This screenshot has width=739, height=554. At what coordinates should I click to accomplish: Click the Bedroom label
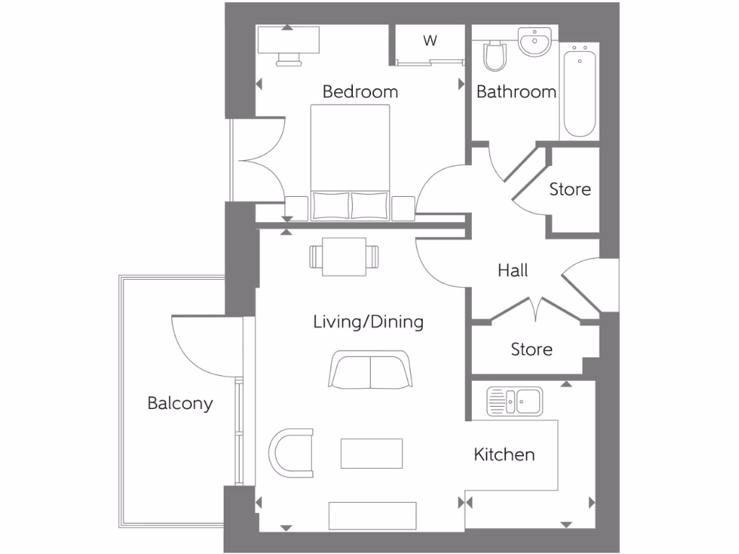click(x=360, y=92)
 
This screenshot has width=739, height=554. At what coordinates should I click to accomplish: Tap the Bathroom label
click(x=516, y=92)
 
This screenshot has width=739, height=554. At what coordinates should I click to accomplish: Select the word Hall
click(x=512, y=271)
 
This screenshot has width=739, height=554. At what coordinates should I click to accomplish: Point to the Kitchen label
click(x=504, y=454)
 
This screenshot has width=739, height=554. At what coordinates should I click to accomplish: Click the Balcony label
click(x=180, y=403)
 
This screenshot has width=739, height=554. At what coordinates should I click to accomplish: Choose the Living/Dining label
click(x=368, y=322)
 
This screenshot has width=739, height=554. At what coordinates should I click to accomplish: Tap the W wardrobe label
click(x=430, y=41)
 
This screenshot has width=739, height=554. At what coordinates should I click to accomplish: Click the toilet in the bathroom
click(x=494, y=56)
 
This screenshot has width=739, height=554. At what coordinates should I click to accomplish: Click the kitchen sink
click(x=515, y=401)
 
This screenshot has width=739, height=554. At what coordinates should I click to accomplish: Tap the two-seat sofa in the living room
click(x=371, y=370)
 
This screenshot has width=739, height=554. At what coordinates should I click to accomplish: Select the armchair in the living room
click(x=292, y=453)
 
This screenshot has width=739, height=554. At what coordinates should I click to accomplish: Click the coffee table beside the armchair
click(x=371, y=453)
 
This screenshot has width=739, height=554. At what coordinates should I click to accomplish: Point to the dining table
click(x=344, y=257)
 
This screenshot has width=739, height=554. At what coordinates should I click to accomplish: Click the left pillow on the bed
click(x=331, y=205)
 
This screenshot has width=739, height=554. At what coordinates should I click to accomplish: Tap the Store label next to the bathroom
click(x=569, y=190)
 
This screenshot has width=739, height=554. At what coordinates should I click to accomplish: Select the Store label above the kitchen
click(x=531, y=349)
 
